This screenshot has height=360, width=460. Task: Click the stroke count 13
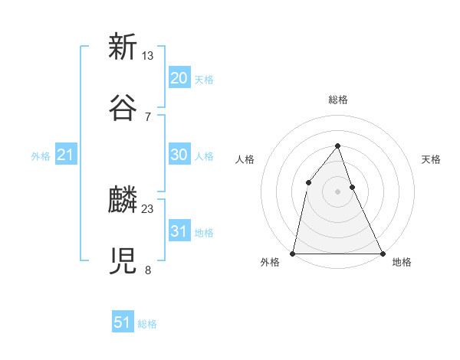coord(148,56)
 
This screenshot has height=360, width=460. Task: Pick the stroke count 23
coord(148,208)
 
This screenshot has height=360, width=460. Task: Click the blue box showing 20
coord(179,78)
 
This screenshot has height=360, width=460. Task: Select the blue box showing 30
coord(179,155)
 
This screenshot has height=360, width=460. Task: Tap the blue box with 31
coord(179,231)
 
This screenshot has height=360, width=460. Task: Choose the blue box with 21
coord(65,155)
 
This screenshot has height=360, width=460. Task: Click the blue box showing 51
coord(123,322)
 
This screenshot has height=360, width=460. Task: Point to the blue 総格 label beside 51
coord(147,324)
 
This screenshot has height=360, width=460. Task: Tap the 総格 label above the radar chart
coord(337,100)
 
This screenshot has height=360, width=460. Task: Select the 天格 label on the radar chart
coord(431,159)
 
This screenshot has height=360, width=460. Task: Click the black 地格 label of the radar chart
coord(402,263)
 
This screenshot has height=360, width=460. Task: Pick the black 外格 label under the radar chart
coord(270,263)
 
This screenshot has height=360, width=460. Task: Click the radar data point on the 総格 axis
coord(337,146)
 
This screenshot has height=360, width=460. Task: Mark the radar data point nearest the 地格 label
coord(382,253)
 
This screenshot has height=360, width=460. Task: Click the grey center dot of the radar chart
coord(337,191)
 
